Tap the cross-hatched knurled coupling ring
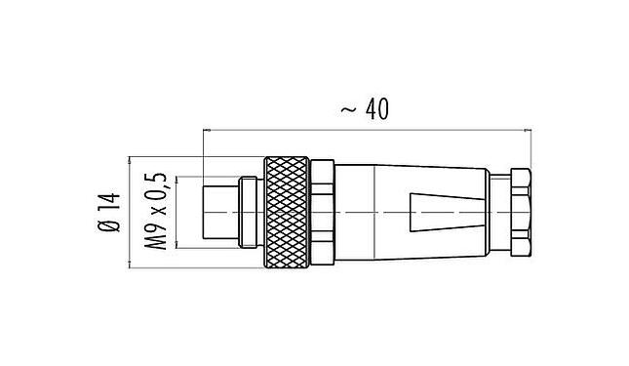coord(288,210)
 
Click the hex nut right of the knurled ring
coord(324,210)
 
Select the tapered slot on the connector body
coord(445,211)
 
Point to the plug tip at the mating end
coord(218,210)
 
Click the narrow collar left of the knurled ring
coord(251,210)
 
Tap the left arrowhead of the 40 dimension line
coord(207,129)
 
